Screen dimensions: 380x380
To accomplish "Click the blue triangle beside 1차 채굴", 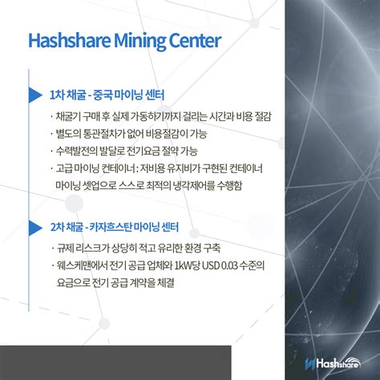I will click(x=34, y=95).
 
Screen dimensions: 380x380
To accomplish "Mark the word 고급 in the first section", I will click(x=63, y=168).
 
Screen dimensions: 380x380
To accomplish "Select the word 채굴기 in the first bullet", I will click(x=67, y=115).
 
